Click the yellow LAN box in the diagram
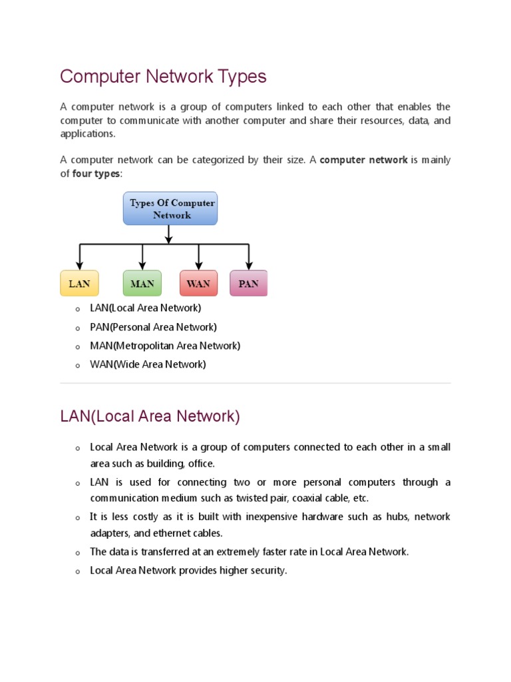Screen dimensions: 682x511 click(79, 283)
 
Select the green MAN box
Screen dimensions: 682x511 click(142, 283)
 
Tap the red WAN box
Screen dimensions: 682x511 click(198, 283)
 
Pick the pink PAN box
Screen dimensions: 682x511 click(248, 283)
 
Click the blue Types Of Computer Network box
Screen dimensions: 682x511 click(170, 208)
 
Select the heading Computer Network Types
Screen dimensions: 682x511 click(163, 77)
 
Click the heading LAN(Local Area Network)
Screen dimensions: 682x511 click(150, 416)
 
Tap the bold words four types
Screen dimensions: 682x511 click(96, 174)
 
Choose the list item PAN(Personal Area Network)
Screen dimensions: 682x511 click(154, 327)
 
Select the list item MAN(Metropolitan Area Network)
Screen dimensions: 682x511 click(165, 346)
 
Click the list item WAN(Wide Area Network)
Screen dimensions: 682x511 click(148, 364)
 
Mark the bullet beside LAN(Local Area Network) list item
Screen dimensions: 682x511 click(78, 309)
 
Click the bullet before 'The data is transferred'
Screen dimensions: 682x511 click(78, 553)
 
